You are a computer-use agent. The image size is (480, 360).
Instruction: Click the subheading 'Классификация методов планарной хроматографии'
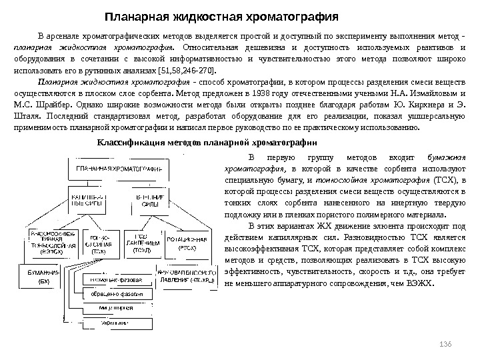[207, 142]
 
